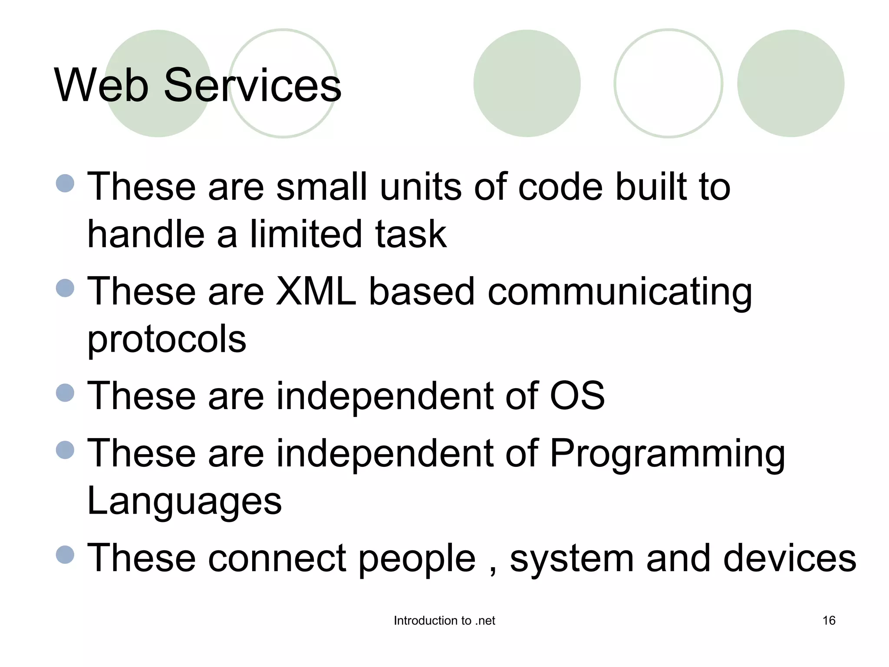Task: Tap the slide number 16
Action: tap(829, 621)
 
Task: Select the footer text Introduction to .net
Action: tap(444, 621)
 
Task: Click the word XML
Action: tap(316, 291)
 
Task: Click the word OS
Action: tap(577, 396)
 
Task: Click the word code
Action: tap(560, 187)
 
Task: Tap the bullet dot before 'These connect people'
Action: tap(65, 555)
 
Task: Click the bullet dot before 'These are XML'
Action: tap(65, 288)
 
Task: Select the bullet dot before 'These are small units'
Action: tap(65, 183)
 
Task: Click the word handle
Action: tap(146, 234)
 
